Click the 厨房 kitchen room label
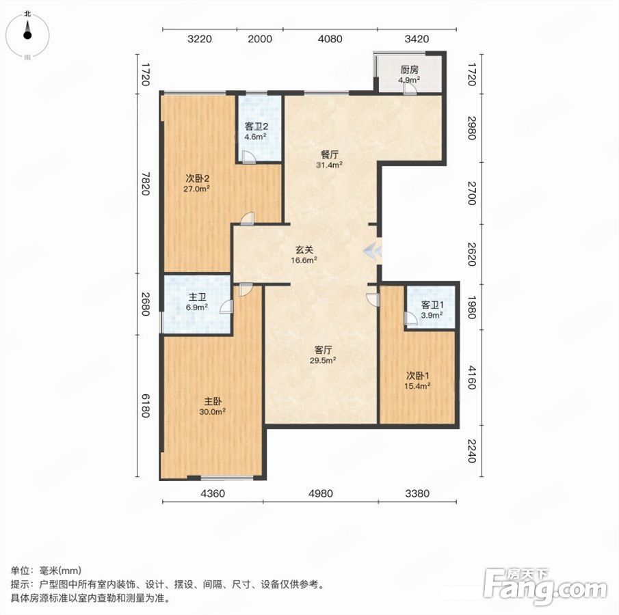point(410,70)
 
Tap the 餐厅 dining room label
point(329,154)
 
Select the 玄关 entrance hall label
point(304,249)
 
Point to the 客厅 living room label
point(323,350)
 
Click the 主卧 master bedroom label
point(213,402)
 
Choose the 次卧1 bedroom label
point(418,376)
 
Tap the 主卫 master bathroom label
point(197,297)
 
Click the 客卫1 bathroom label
point(432,305)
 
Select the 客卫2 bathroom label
point(256,126)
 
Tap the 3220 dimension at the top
point(199,39)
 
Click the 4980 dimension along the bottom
point(321,493)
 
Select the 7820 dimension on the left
point(146,183)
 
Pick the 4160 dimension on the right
point(472,377)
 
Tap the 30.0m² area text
point(213,412)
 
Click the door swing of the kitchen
point(410,90)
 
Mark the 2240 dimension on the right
point(472,450)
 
